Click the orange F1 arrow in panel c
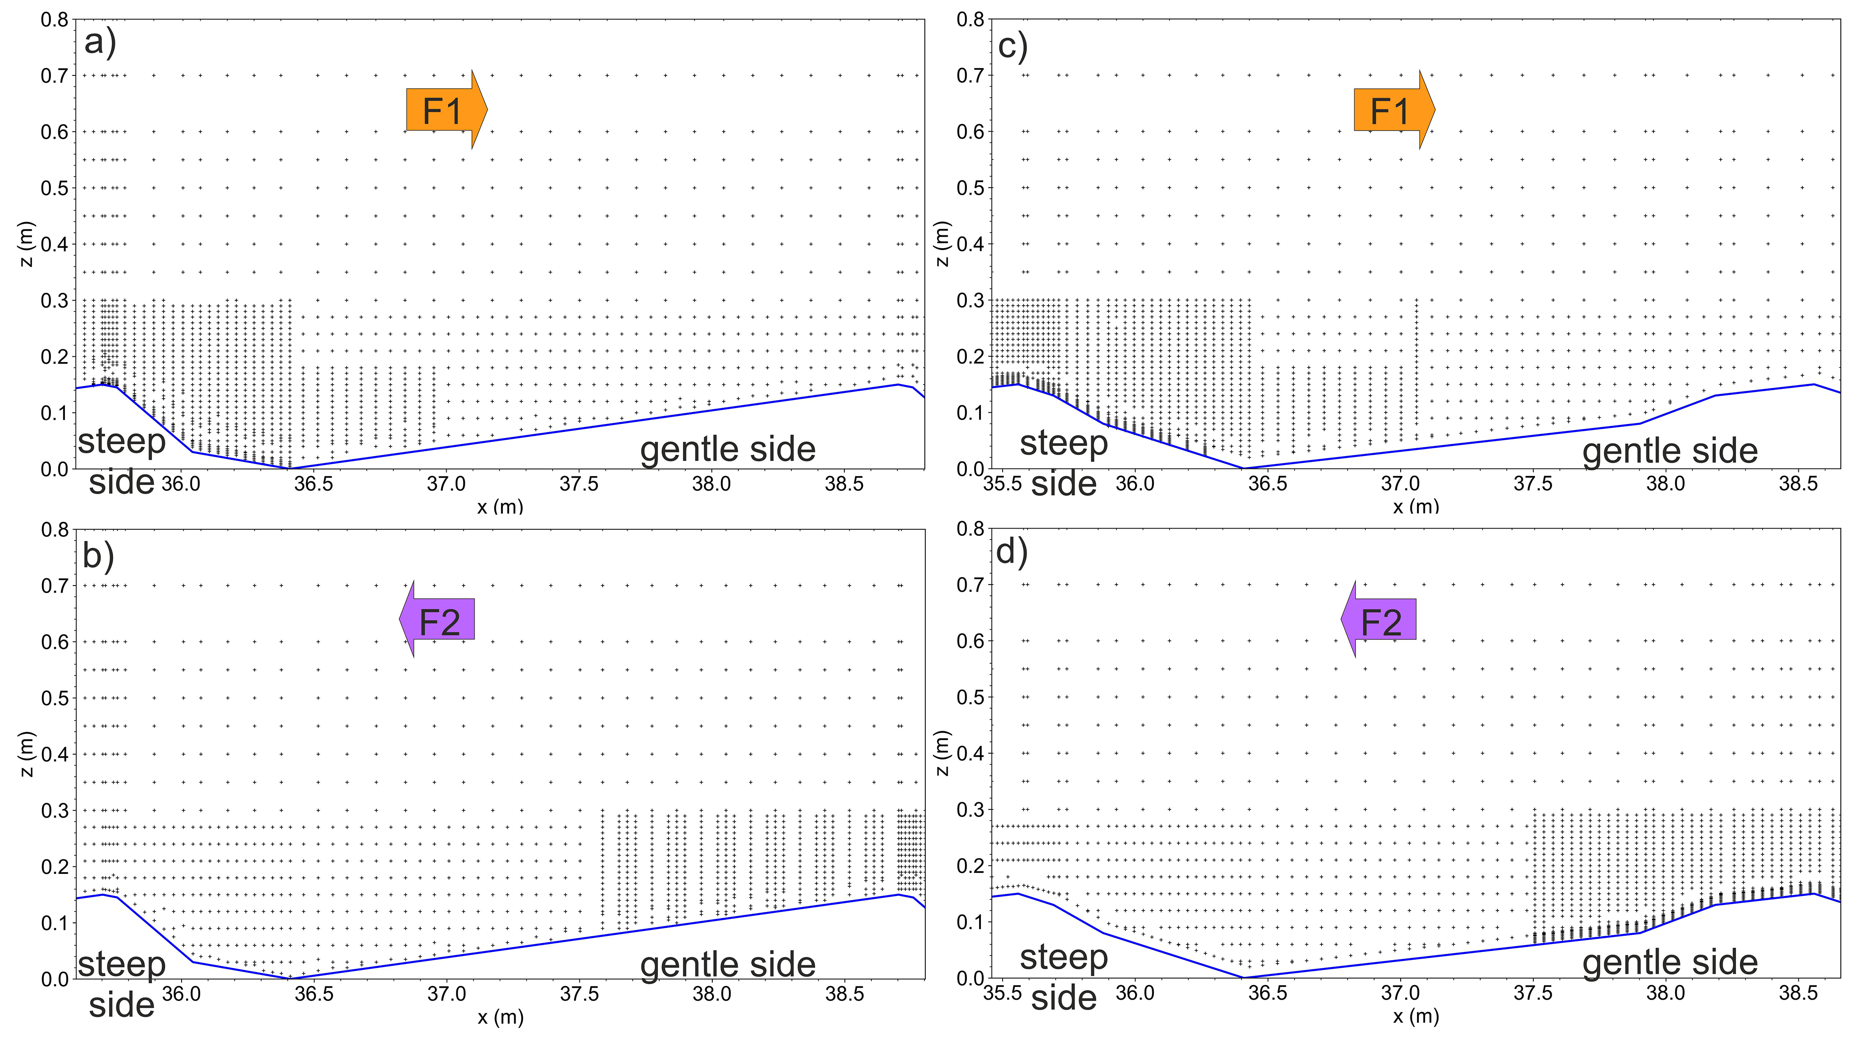[1393, 110]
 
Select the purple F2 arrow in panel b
[438, 620]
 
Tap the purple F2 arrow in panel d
[1379, 620]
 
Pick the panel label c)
[1013, 46]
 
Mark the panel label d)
[1012, 552]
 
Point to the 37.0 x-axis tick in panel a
[446, 484]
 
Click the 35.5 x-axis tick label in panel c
[1003, 484]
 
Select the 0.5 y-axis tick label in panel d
[970, 697]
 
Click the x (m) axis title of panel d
[1416, 1016]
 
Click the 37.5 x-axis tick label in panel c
[1533, 484]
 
